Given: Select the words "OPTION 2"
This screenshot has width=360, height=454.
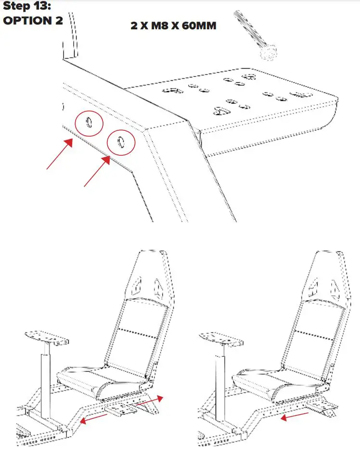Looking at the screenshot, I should click(x=33, y=22).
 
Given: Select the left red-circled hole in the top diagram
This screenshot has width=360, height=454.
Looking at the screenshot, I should click(x=89, y=123).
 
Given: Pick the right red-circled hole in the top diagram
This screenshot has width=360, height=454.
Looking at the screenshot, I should click(x=121, y=142).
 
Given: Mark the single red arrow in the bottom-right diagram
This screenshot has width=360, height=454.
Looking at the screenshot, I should click(x=295, y=415).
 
